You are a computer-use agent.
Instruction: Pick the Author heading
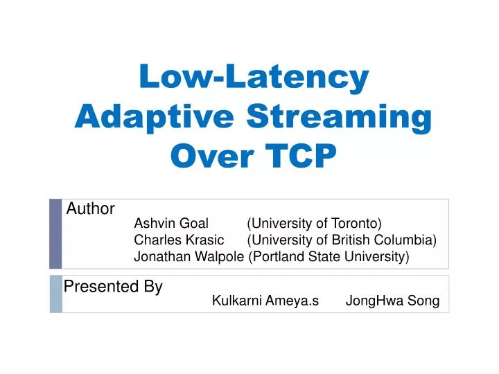coord(90,208)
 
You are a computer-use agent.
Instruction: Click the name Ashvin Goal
coord(171,223)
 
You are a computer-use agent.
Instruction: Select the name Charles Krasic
coord(179,240)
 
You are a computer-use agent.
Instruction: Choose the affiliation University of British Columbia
coord(342,240)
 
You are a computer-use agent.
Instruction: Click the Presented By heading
coord(113,287)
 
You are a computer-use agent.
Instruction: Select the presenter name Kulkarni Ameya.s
coord(265,301)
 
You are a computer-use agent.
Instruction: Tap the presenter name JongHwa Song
coord(392,301)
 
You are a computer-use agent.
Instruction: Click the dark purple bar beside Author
coord(55,234)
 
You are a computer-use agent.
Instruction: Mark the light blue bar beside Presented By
coord(55,294)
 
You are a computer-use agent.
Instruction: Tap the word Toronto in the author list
coord(357,223)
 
